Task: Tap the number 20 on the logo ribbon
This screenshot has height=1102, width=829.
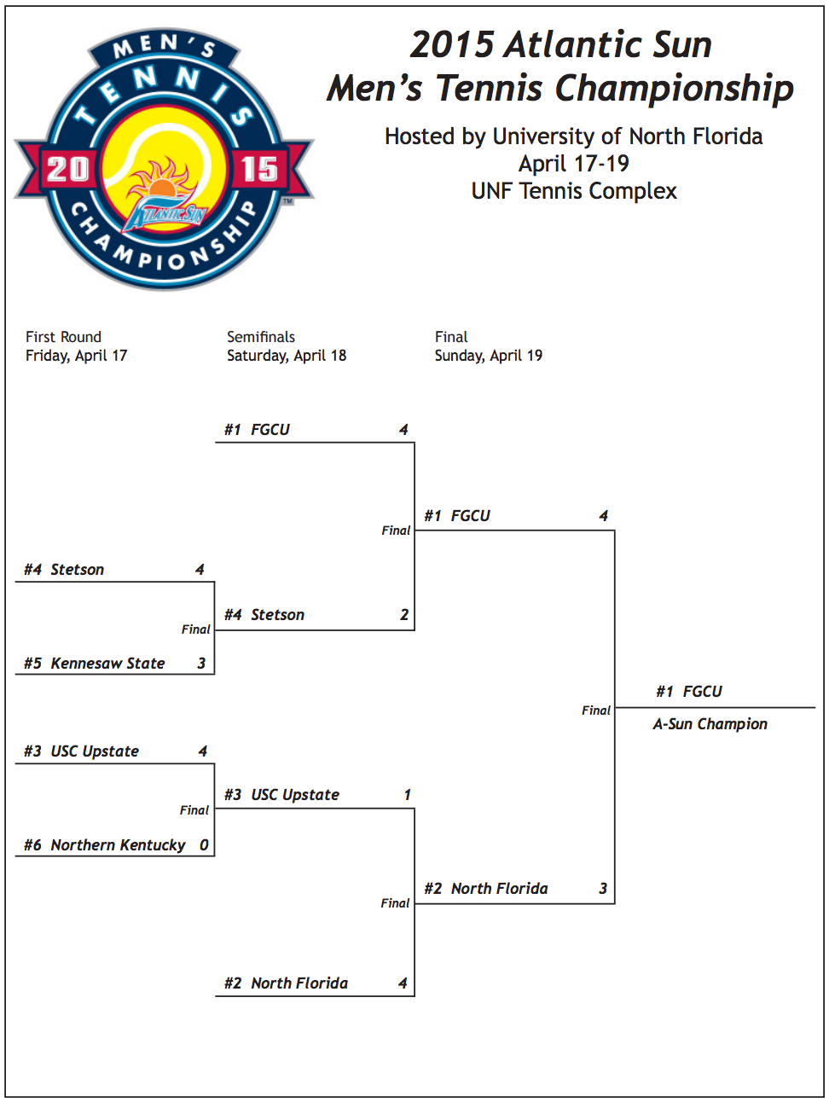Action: click(x=67, y=169)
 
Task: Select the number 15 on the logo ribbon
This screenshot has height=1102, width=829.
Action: click(x=259, y=169)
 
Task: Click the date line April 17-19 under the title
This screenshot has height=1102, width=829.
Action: click(x=573, y=164)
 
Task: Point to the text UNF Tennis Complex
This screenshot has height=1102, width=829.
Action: click(x=573, y=191)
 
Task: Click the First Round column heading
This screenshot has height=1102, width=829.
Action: click(x=63, y=337)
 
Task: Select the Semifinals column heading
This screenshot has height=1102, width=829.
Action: click(x=261, y=337)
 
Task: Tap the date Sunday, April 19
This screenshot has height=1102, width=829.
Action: click(x=488, y=356)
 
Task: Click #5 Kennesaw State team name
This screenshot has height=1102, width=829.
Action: click(x=95, y=664)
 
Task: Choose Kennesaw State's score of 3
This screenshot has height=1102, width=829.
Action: click(x=201, y=664)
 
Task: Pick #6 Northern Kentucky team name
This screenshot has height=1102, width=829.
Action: click(x=105, y=845)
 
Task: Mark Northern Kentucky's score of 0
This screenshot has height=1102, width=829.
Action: click(x=204, y=845)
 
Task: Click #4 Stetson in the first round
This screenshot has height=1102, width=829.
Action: click(x=65, y=570)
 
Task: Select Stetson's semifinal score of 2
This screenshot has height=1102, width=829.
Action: click(x=404, y=615)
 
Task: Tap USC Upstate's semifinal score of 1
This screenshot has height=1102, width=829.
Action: click(x=407, y=795)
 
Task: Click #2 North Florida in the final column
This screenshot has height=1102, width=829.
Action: click(x=486, y=889)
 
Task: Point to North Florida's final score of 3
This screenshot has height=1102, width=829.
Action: click(x=603, y=889)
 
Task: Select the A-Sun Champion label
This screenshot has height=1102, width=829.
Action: click(x=710, y=724)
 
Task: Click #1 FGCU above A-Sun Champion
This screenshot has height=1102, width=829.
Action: click(x=689, y=692)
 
